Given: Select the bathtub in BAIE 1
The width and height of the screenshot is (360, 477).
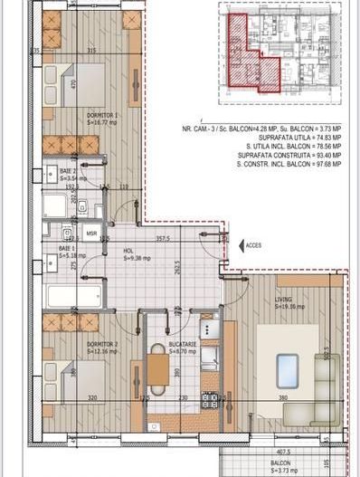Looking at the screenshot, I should [73, 295].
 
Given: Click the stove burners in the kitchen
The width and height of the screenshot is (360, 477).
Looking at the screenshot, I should [209, 398].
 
